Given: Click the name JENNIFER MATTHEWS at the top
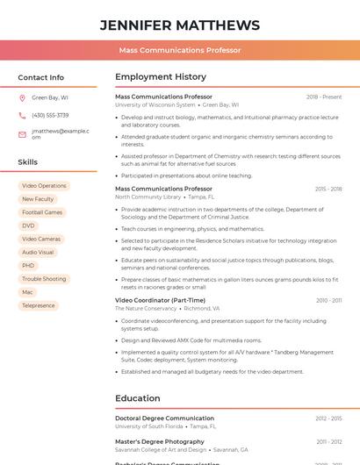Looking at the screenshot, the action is click(180, 25).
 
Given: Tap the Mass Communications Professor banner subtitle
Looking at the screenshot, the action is click(180, 50).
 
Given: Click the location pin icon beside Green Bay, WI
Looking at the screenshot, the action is click(22, 97).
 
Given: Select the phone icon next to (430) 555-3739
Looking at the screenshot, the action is click(22, 115).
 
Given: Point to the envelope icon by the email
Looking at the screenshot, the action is click(22, 133).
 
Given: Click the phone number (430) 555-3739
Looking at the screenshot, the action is click(50, 115).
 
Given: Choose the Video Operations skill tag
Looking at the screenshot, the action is click(44, 186).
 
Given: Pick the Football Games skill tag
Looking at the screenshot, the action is click(42, 212).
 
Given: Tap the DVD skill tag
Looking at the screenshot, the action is click(29, 225).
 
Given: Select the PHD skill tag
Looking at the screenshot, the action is click(29, 265).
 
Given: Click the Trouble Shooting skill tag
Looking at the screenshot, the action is click(44, 279).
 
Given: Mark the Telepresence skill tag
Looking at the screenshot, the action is click(39, 305).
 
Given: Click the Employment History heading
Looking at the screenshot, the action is click(161, 77).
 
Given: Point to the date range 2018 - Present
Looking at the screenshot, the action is click(324, 97).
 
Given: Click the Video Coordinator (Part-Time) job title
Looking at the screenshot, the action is click(160, 300).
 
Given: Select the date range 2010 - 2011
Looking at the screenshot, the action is click(329, 300).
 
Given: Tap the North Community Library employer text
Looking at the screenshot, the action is click(148, 197).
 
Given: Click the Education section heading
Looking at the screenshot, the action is click(138, 398).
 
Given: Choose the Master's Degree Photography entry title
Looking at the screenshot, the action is click(160, 441).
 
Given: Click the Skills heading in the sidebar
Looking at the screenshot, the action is click(28, 162).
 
